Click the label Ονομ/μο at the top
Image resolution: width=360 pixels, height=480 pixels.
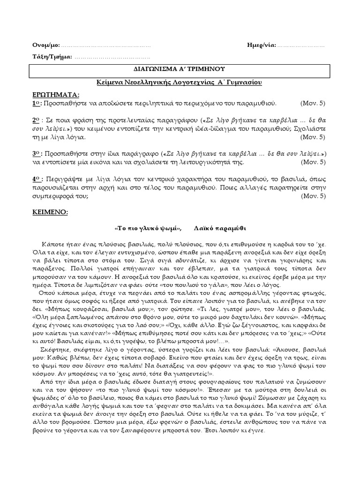tap(46, 45)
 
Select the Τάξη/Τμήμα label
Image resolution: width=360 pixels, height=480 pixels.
tap(52, 57)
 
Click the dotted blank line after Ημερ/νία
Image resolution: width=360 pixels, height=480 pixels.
tap(301, 46)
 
